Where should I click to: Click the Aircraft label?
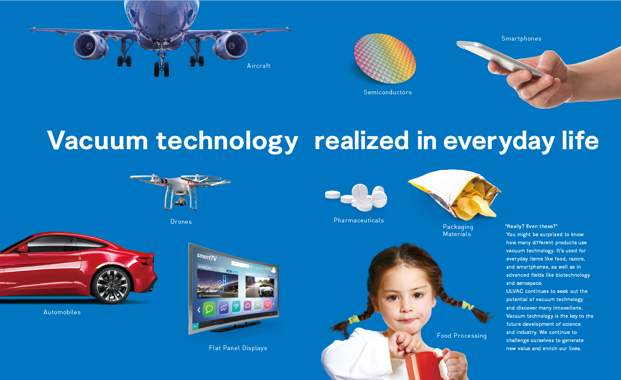[x=259, y=66]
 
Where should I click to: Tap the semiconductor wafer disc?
[x=385, y=58]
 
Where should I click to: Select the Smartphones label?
[x=521, y=38]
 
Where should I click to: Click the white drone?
[x=180, y=191]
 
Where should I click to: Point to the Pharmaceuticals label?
[x=359, y=220]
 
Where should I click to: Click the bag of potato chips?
[x=455, y=194]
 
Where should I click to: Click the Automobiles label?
[x=62, y=312]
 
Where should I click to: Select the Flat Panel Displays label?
[x=238, y=348]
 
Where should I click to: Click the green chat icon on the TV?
[x=209, y=309]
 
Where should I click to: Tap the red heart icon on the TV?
[x=267, y=304]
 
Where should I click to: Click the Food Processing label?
[x=462, y=336]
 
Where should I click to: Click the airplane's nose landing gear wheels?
[x=162, y=69]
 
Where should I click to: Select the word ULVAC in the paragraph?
[x=515, y=291]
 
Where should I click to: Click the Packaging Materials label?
[x=458, y=231]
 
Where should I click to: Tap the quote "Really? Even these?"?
[x=531, y=226]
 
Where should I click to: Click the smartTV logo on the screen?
[x=207, y=257]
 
